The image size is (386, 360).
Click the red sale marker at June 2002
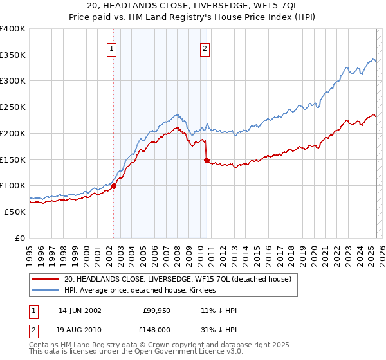(113, 186)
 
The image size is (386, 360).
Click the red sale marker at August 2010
(207, 161)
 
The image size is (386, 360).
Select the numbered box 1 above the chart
(112, 47)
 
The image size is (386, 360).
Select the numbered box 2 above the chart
(205, 47)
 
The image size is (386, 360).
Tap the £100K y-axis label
(14, 185)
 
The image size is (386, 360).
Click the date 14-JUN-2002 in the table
(80, 310)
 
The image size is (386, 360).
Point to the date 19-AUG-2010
(80, 329)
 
